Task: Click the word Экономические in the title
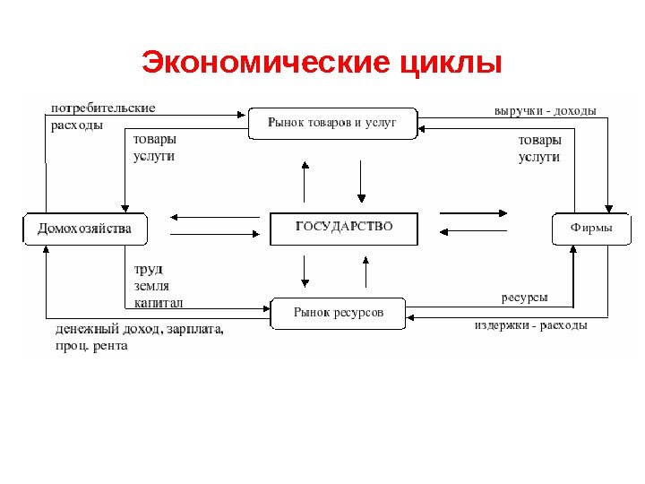265,65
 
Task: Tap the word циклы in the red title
451,65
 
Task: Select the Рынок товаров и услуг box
332,122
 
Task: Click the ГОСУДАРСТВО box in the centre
344,228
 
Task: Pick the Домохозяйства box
84,229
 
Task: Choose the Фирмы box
591,229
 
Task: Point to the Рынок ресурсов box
338,313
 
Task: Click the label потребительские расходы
101,116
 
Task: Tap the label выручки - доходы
545,110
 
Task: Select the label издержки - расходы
530,325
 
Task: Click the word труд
148,269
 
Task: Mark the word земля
151,286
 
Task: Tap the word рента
109,346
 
